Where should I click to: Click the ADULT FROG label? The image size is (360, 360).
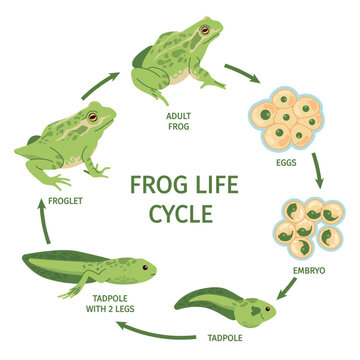tap(179, 120)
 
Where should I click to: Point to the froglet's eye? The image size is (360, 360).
tap(92, 118)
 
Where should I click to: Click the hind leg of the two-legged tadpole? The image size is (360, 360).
tap(75, 290)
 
